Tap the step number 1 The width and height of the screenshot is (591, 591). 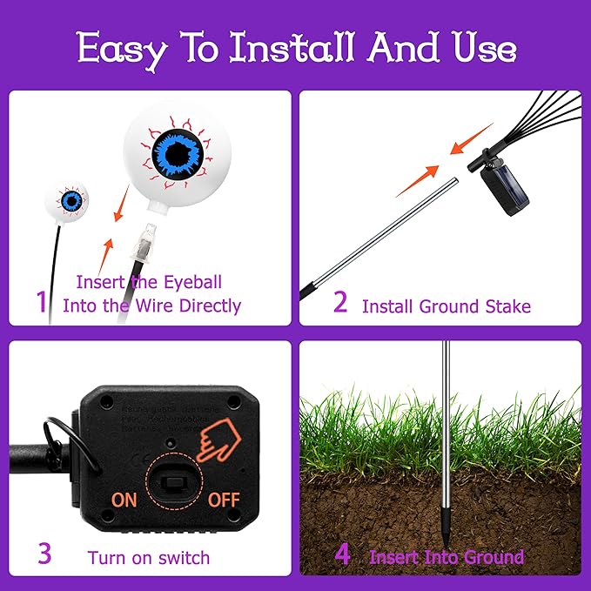click(x=41, y=302)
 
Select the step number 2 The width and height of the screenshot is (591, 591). click(x=340, y=302)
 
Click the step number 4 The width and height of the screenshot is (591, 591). click(x=342, y=554)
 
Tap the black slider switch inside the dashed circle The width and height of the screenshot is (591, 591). click(x=174, y=480)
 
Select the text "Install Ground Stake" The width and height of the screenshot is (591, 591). click(x=446, y=306)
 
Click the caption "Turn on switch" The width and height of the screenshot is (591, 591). click(x=149, y=557)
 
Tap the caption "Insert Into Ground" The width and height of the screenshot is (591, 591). click(x=447, y=557)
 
